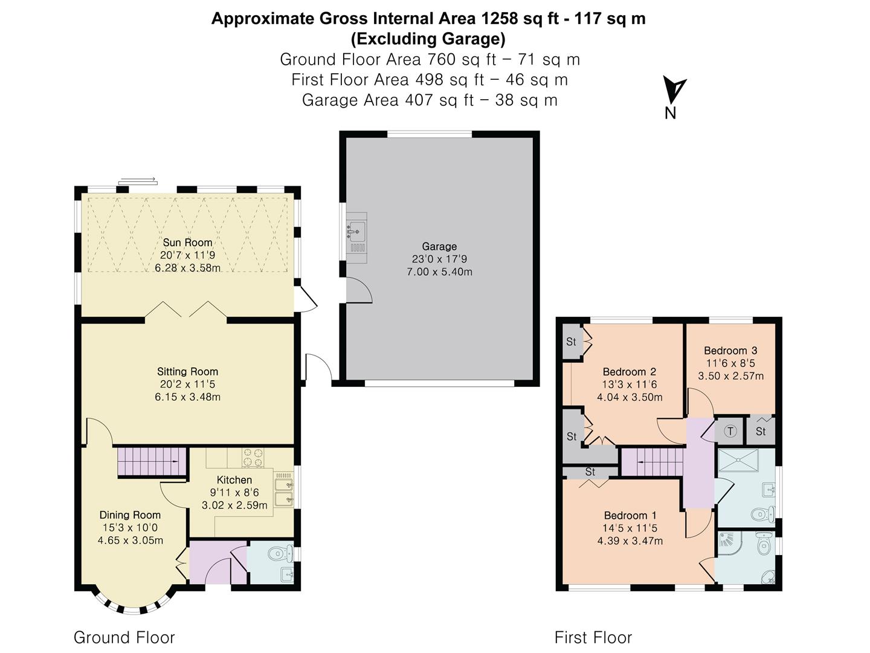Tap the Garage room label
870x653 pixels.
(439, 246)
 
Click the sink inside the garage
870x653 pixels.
(356, 230)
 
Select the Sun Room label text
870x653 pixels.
(187, 242)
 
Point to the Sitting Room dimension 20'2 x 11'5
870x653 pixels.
(187, 385)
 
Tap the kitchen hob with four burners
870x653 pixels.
(253, 457)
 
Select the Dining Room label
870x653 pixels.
(130, 515)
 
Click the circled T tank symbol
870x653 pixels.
(730, 431)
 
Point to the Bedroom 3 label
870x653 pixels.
(730, 351)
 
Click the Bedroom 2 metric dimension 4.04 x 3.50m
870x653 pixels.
(630, 397)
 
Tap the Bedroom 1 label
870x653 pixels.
(630, 515)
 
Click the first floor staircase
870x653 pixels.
(652, 462)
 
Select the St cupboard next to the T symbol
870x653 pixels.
(761, 430)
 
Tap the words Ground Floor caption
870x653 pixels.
(124, 637)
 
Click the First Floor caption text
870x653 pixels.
(593, 637)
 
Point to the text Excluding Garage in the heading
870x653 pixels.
(428, 39)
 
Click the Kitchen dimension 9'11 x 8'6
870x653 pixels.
(234, 493)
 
